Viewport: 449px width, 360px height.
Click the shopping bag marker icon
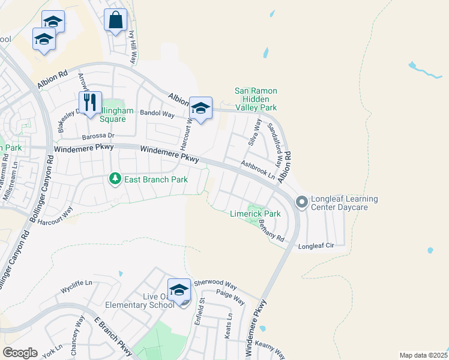[x=115, y=20]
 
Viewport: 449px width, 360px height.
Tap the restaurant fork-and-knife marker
[x=90, y=103]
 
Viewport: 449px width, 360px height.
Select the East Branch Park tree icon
[x=115, y=179]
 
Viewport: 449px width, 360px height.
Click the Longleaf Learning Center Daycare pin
[x=301, y=203]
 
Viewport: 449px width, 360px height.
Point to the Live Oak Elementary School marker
[x=179, y=290]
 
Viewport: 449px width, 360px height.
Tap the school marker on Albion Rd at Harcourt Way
[x=200, y=109]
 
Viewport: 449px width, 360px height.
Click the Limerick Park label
[x=256, y=214]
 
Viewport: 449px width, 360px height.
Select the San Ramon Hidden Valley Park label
[x=256, y=99]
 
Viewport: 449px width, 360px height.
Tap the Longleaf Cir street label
[x=316, y=246]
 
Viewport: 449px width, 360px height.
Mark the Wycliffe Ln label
[x=77, y=287]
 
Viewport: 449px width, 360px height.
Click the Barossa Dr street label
[x=91, y=136]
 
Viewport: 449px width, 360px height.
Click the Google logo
[x=20, y=353]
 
